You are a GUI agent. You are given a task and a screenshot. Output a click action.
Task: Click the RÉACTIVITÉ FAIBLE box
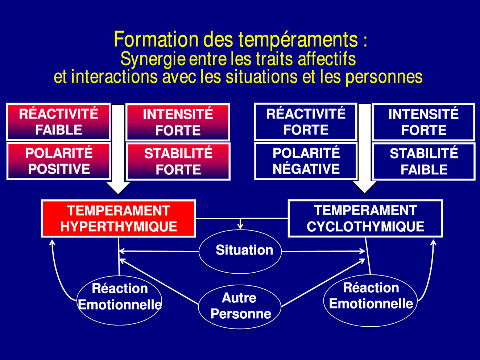[x=58, y=121]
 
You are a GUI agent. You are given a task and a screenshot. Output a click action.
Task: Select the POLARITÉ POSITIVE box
[x=58, y=161]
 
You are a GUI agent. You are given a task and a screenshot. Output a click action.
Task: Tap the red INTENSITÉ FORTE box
[x=178, y=122]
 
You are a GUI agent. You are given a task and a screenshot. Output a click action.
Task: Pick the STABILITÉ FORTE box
[x=178, y=162]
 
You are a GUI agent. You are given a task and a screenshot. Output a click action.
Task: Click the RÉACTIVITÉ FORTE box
[x=306, y=121]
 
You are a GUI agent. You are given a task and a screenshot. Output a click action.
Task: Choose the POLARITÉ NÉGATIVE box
[x=306, y=161]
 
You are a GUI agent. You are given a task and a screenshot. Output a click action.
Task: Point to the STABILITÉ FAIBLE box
[x=424, y=162]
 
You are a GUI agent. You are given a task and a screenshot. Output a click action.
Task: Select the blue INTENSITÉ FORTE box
[x=423, y=122]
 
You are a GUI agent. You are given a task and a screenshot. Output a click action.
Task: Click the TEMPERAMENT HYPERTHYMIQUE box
[x=118, y=218]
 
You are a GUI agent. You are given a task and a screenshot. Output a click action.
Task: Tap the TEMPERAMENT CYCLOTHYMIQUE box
[x=365, y=218]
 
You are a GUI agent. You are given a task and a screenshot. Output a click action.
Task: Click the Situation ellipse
[x=240, y=251]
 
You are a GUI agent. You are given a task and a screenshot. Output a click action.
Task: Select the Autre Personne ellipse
[x=240, y=307]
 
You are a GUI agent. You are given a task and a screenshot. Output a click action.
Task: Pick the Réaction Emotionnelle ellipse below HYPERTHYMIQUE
[x=119, y=300]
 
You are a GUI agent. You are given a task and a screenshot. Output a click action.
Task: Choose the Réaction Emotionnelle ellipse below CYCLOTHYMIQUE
[x=371, y=300]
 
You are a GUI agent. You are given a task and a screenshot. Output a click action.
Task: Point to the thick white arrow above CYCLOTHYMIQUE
[x=365, y=149]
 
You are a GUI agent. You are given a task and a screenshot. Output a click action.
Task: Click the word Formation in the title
[x=156, y=40]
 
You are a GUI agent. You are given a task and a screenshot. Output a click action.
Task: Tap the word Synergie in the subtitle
[x=153, y=59]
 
